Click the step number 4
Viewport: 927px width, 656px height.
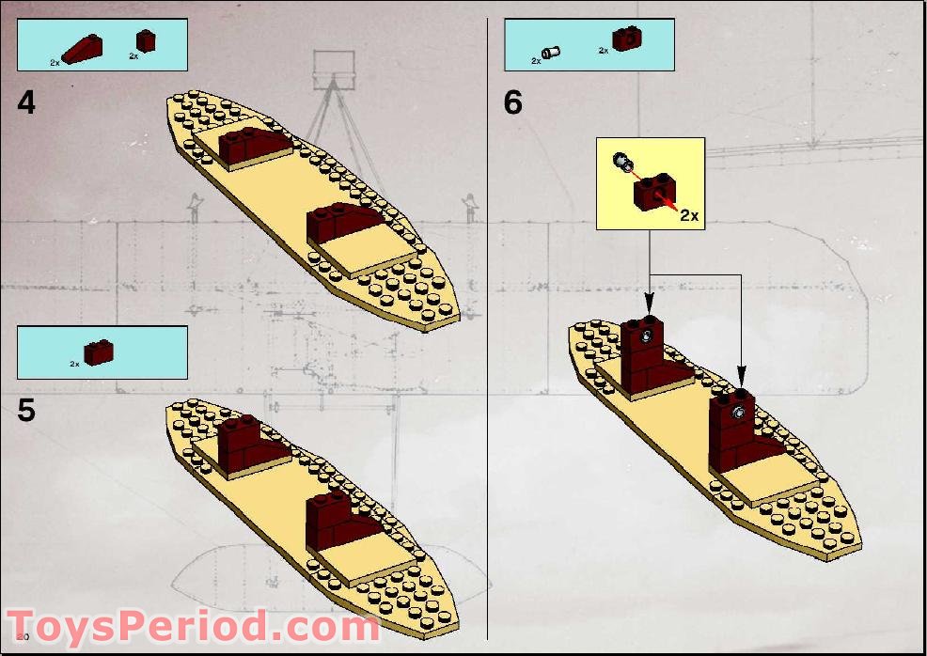coord(26,102)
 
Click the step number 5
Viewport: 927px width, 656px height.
coord(26,411)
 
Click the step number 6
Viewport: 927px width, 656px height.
coord(512,102)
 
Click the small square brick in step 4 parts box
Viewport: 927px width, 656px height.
coord(145,41)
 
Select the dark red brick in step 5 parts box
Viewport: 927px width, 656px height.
coord(98,351)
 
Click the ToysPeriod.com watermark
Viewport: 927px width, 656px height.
coord(193,627)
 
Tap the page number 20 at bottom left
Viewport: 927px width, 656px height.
coord(10,638)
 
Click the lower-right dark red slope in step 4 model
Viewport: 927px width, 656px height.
coord(345,221)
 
